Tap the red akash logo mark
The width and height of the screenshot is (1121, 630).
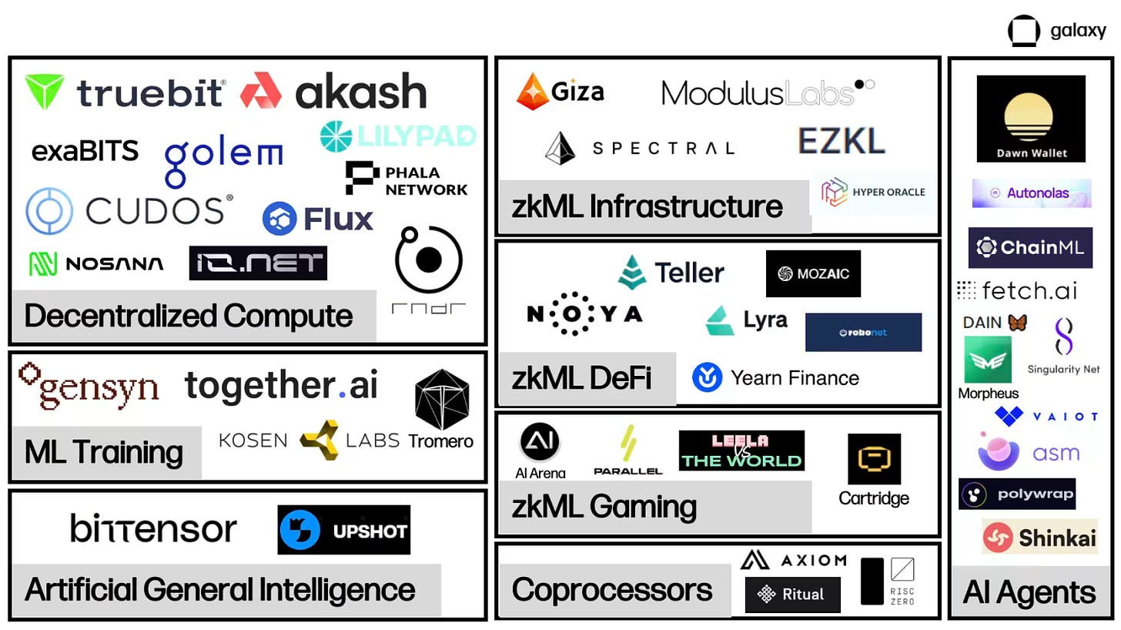(x=261, y=91)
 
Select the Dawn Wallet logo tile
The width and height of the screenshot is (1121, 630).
(x=1031, y=119)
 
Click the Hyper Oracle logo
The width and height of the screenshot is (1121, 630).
(x=874, y=192)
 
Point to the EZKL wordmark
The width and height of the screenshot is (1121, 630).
(x=842, y=141)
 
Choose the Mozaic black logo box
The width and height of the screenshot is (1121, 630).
(x=813, y=273)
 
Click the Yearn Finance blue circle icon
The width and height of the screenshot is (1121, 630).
(x=707, y=377)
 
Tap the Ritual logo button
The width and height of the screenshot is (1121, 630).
(x=792, y=595)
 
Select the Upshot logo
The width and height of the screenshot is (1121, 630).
(x=343, y=530)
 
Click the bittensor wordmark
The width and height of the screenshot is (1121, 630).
(x=153, y=528)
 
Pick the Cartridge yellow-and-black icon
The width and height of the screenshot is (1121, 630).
(x=874, y=459)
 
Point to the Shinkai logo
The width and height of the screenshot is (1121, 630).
(x=1039, y=537)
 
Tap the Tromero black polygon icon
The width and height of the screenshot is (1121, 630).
(x=441, y=400)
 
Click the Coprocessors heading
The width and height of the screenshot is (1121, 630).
(x=612, y=590)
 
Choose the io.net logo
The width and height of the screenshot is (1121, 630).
(x=258, y=263)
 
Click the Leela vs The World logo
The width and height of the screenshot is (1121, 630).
(x=741, y=451)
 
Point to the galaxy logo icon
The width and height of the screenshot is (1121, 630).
(x=1025, y=32)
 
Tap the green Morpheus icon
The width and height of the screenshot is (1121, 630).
(x=988, y=360)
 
